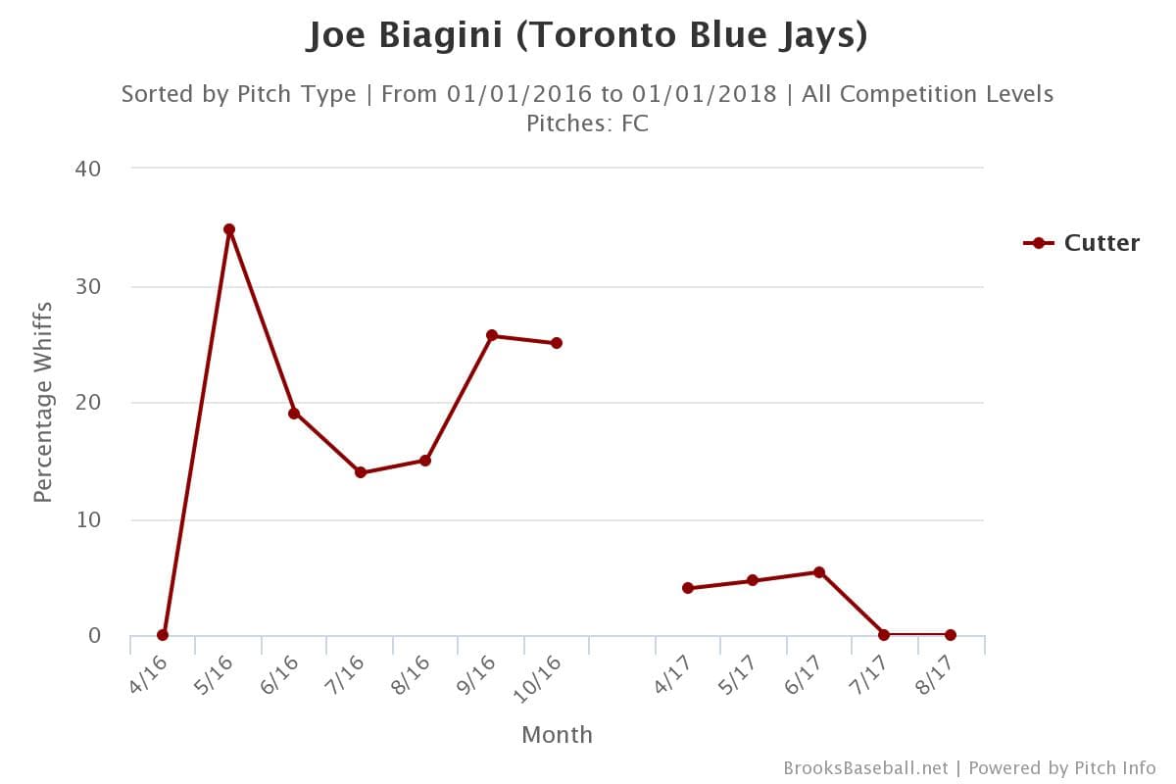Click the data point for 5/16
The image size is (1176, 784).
228,229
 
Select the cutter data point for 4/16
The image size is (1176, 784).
163,635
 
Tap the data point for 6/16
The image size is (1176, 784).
294,414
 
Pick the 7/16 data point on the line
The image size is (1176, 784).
360,472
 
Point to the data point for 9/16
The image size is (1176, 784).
492,335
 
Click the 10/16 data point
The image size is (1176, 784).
557,343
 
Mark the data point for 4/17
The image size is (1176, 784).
688,588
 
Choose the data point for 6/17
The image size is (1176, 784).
819,572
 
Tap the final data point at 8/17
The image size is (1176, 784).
951,635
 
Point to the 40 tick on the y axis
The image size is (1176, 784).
88,169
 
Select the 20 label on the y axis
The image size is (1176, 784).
88,403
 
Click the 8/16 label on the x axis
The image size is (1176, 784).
413,675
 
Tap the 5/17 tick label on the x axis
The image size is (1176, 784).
740,675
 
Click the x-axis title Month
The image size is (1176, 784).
557,734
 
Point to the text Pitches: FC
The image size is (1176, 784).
587,123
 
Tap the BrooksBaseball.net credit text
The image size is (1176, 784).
865,767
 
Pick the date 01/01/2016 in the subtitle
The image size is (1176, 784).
519,94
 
